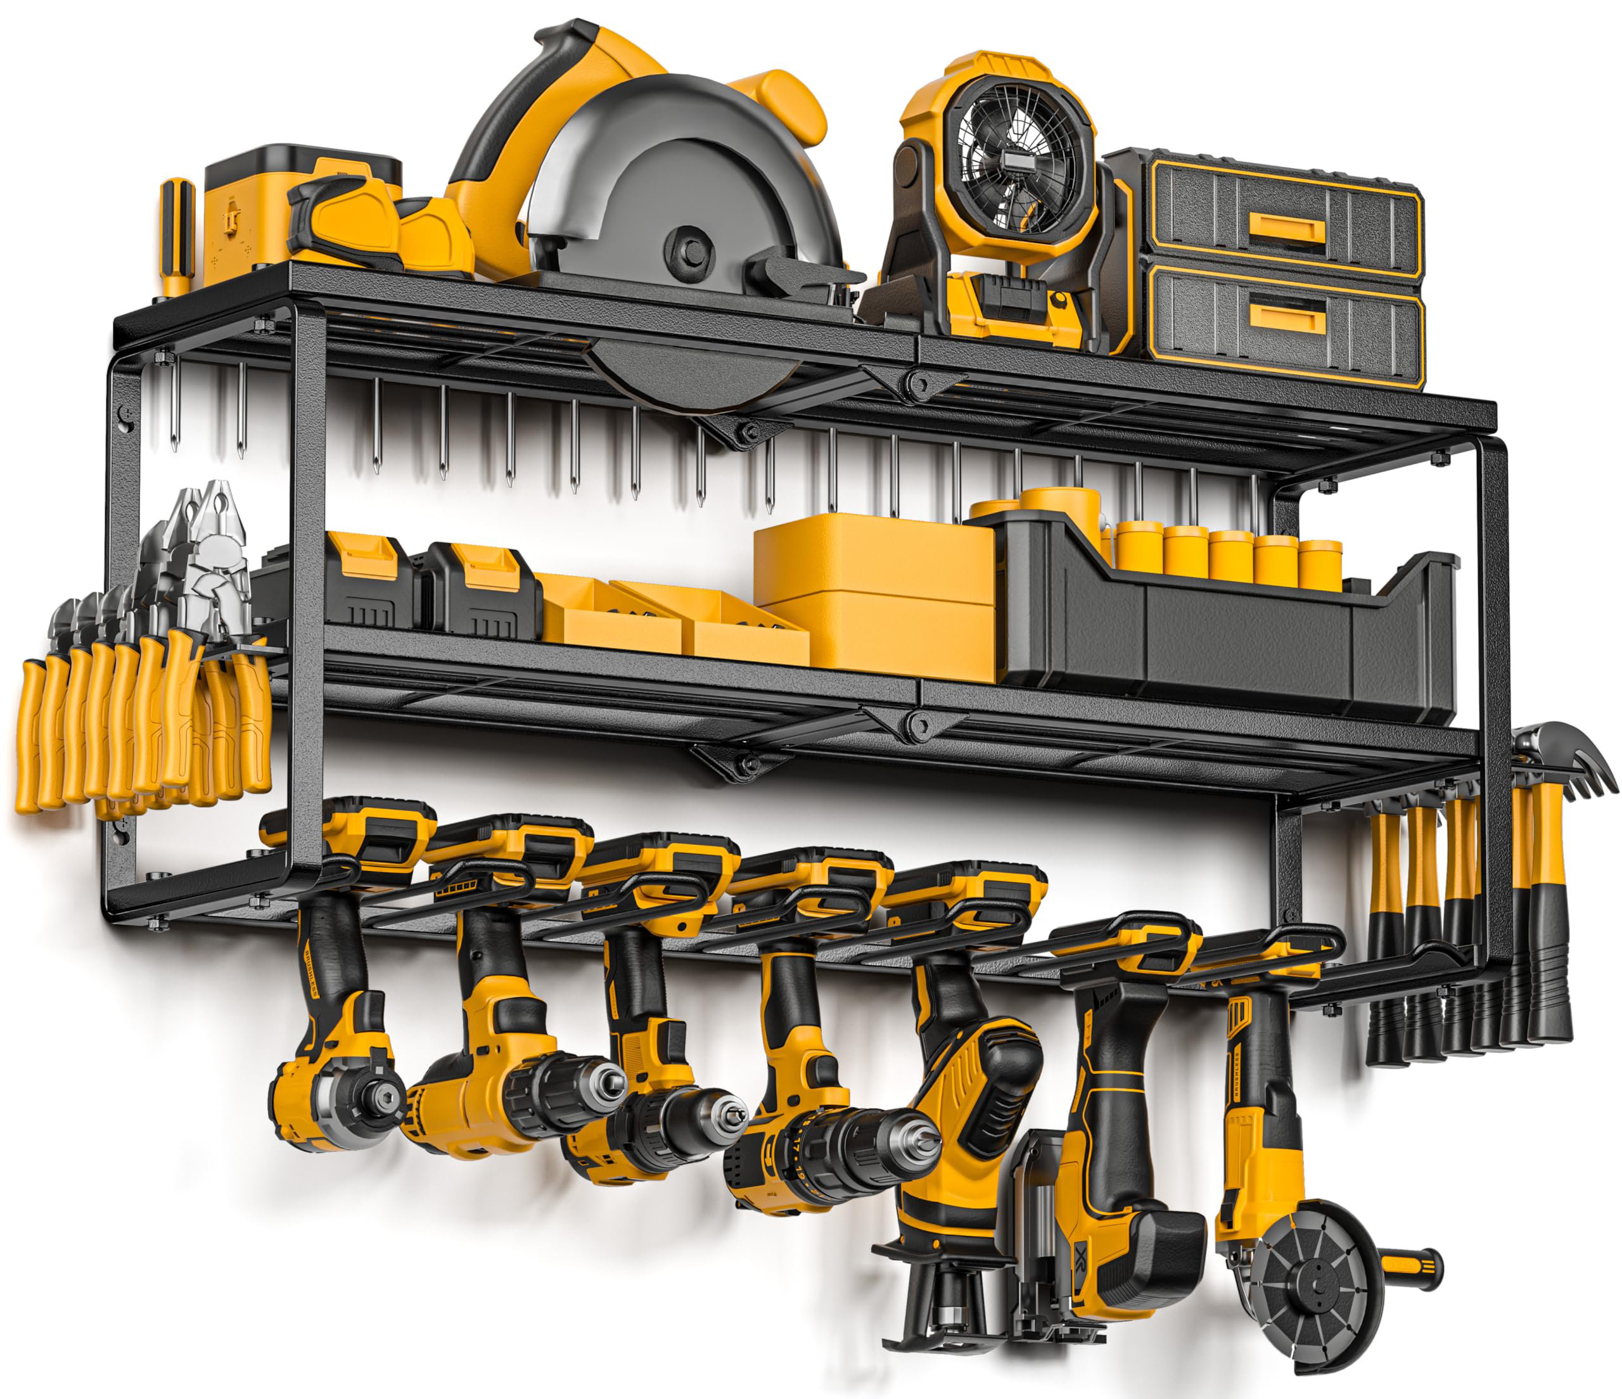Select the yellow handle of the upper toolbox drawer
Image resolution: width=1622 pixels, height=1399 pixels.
(1287, 229)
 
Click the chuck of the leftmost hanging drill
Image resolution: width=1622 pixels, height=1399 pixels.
(383, 1094)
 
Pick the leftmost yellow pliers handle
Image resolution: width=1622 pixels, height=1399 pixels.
(29, 736)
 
